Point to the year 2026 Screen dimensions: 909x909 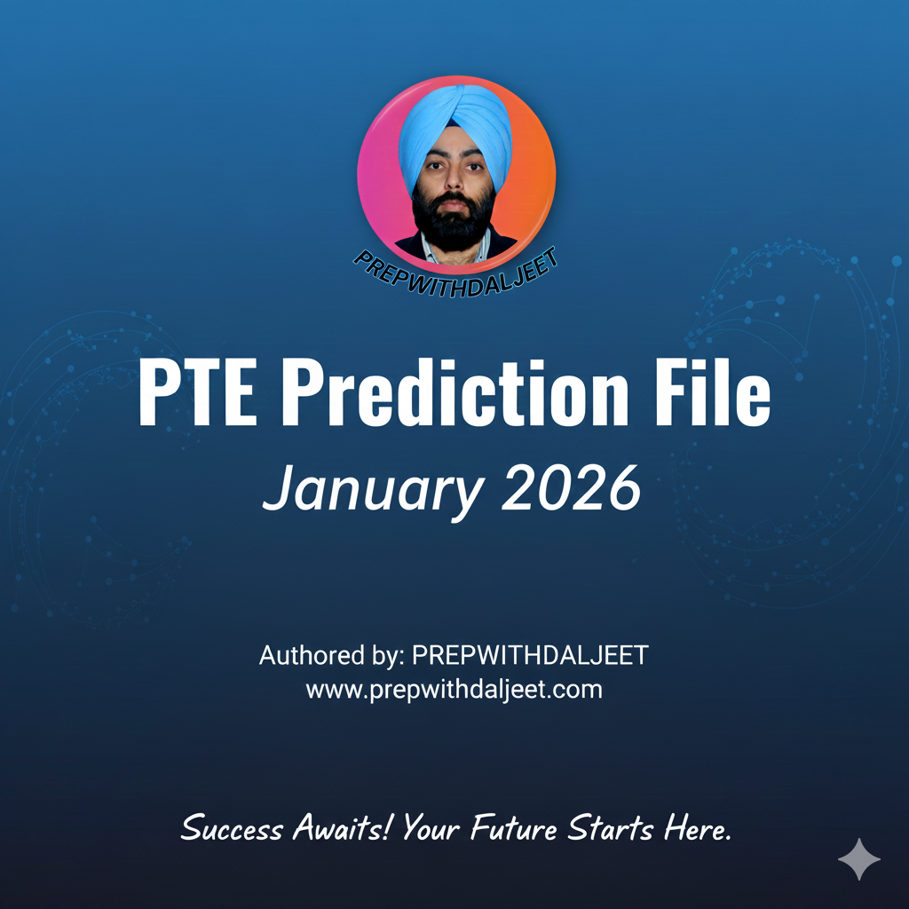point(570,487)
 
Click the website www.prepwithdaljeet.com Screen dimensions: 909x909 point(454,689)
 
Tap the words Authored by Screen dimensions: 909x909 point(331,657)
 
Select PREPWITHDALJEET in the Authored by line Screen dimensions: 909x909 point(531,656)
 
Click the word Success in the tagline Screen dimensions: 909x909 point(232,829)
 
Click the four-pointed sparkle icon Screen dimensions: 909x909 point(859,858)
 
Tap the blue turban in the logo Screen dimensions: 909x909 point(454,124)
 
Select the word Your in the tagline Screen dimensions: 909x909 point(432,829)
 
